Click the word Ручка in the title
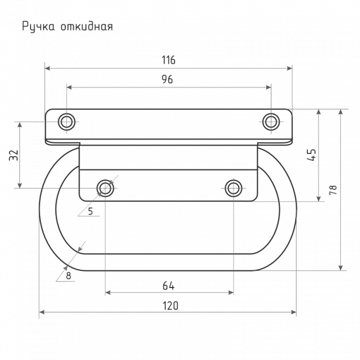pos(38,27)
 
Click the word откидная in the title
pos(87,27)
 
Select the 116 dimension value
pos(168,60)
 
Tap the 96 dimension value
pos(167,79)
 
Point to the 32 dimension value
pos(13,155)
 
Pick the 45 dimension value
pos(312,155)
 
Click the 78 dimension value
pos(333,190)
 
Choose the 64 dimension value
pos(168,286)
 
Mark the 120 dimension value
pos(171,306)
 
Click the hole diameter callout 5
pos(90,211)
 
